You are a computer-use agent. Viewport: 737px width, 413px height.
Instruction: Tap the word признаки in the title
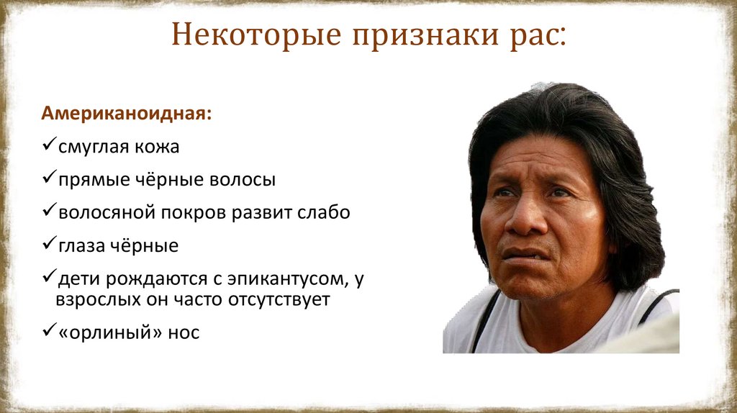(x=415, y=36)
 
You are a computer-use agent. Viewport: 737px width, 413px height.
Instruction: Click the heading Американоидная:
(x=126, y=114)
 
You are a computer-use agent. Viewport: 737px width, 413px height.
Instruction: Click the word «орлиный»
(x=94, y=333)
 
